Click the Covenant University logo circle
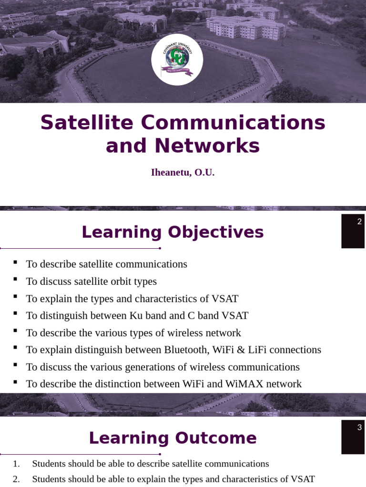point(177,60)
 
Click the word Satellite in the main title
point(87,123)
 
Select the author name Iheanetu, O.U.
point(183,173)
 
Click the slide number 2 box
point(353,231)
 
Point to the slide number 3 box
point(353,437)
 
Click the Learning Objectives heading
point(173,233)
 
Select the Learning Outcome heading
point(173,438)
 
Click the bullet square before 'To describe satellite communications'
point(15,262)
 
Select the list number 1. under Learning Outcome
point(16,464)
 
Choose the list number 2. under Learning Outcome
point(16,479)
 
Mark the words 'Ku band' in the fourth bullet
point(146,316)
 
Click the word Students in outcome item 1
point(48,464)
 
